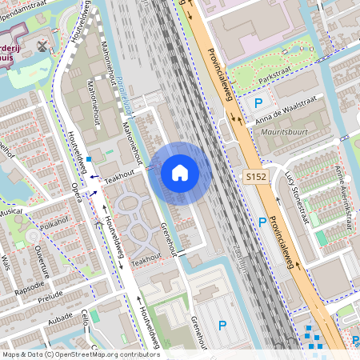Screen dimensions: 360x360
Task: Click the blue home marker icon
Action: pyautogui.click(x=180, y=173)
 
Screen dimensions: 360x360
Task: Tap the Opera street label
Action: pyautogui.click(x=77, y=193)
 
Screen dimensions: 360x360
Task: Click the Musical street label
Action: pyautogui.click(x=12, y=213)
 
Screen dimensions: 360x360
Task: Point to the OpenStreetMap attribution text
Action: pyautogui.click(x=81, y=354)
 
